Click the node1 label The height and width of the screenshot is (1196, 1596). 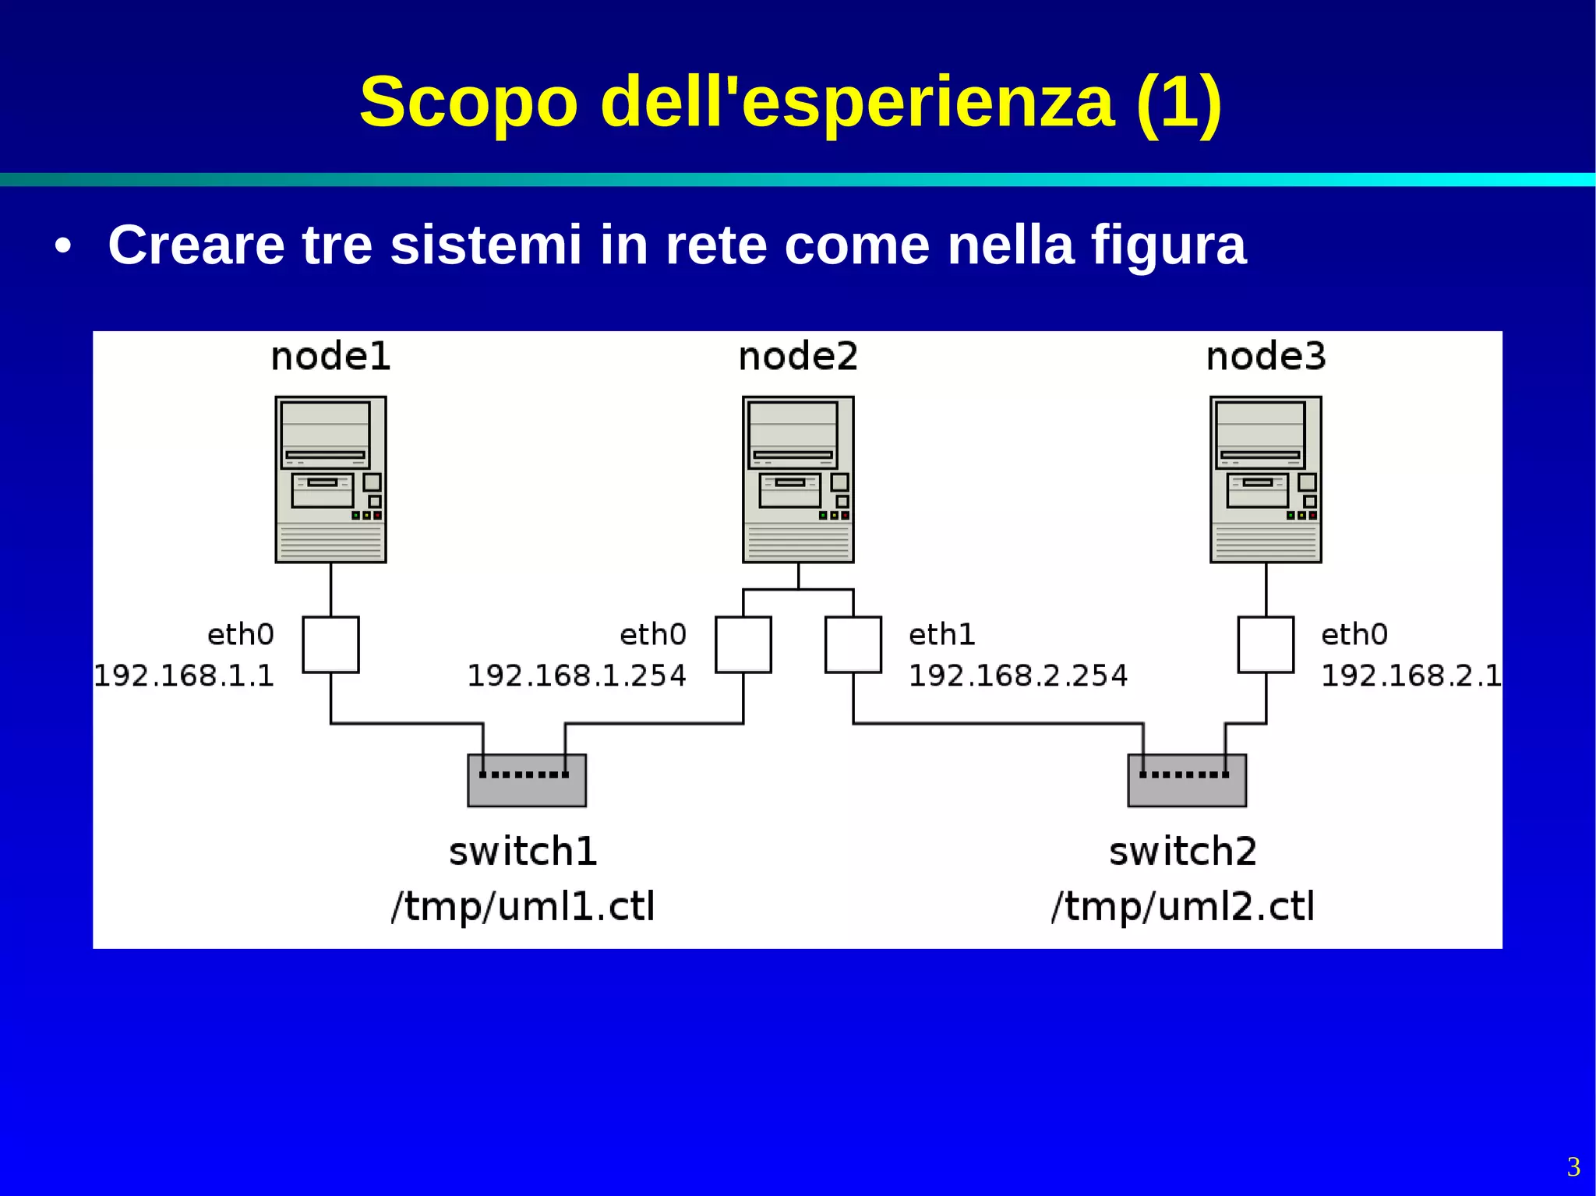330,357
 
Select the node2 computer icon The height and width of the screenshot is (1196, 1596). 798,479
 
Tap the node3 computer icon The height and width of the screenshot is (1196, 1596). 1266,479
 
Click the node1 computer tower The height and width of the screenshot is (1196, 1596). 330,479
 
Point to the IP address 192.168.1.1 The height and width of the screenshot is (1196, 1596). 184,676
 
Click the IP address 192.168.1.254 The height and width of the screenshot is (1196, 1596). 577,676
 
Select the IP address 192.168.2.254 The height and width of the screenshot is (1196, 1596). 1019,676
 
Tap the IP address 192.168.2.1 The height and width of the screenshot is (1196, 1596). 1411,676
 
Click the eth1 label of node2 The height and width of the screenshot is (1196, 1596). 942,635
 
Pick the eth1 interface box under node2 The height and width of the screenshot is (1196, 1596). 853,644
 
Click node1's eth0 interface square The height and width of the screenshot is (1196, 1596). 330,644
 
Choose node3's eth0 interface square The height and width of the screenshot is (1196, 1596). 1266,644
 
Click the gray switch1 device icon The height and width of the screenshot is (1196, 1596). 527,781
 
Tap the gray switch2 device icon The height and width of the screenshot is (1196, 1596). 1187,781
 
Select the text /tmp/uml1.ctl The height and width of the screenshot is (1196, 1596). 523,906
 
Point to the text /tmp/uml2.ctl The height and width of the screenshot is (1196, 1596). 1183,906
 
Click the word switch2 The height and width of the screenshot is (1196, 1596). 1183,851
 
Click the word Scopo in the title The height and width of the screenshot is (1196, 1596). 468,102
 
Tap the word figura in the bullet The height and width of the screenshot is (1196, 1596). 1168,246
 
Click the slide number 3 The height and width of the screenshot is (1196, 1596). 1573,1166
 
